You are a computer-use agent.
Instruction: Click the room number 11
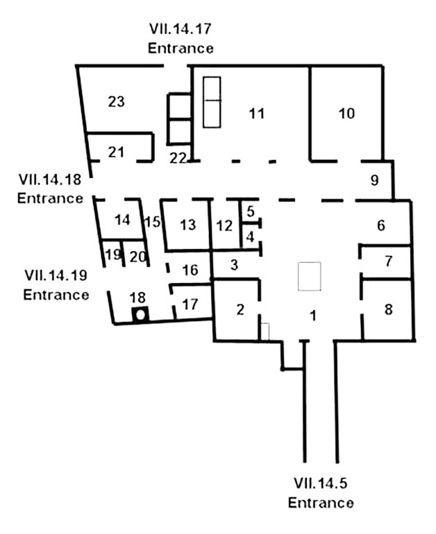257,114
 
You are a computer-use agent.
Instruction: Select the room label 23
116,102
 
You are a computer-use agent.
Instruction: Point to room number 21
116,152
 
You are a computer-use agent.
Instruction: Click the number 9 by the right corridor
374,181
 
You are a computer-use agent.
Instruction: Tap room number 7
388,261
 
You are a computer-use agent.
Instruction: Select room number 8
388,309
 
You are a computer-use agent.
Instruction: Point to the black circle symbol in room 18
141,314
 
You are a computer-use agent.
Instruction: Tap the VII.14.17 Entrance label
180,39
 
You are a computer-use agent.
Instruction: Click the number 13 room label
187,225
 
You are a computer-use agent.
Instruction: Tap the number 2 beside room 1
241,310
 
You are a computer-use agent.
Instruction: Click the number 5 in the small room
251,210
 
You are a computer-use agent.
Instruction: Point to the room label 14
122,220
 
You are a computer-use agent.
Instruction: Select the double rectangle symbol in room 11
212,102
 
